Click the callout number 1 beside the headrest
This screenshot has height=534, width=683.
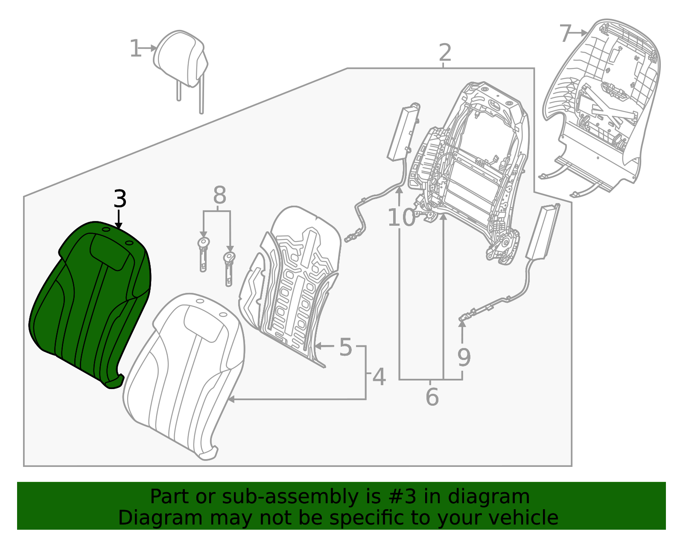pos(135,49)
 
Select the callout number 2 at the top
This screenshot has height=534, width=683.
pos(445,53)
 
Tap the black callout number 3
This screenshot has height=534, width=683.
pos(120,199)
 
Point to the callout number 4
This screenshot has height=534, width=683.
pos(379,377)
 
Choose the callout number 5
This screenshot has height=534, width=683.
pos(345,347)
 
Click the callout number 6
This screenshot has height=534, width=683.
pos(432,397)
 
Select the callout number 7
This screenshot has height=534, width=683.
pos(565,33)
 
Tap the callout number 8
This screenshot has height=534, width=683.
pos(219,196)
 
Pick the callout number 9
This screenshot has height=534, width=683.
pos(464,357)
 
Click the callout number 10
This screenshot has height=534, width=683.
pos(401,218)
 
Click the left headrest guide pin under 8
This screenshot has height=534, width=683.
pos(203,255)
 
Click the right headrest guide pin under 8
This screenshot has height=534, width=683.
pos(229,269)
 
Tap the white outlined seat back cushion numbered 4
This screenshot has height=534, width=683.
pos(184,376)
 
